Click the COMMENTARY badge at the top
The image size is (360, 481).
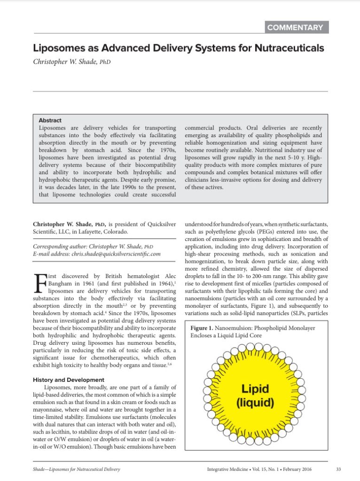point(295,27)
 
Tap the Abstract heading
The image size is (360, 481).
point(50,120)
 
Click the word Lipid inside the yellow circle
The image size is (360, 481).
point(255,389)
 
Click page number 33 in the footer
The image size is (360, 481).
point(339,469)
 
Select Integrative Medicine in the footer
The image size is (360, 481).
point(228,469)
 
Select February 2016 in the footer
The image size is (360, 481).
point(296,469)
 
